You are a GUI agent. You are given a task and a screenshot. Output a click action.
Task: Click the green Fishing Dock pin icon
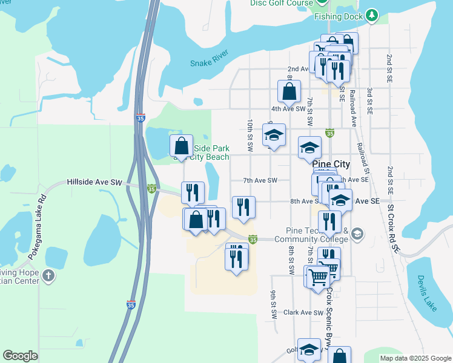coord(372,15)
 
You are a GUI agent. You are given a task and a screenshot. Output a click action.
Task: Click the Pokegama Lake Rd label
coord(36,227)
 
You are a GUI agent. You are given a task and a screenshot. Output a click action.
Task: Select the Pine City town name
coord(331,164)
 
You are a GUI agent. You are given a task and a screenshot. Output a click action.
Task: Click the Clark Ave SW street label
coord(304,313)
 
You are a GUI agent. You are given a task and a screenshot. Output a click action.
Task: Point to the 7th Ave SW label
coord(260,180)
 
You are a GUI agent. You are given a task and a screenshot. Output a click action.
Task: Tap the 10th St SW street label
coord(250,134)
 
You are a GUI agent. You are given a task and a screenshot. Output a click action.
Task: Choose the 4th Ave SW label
coord(288,109)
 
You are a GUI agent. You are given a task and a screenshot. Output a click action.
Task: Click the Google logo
coord(20,356)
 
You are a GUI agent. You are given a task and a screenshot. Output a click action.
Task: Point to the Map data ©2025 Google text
coord(415,358)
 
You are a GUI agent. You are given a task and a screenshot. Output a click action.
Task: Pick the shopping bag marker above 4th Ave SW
coord(289,92)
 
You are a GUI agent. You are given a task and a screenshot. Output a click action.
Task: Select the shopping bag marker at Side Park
coord(181,146)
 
